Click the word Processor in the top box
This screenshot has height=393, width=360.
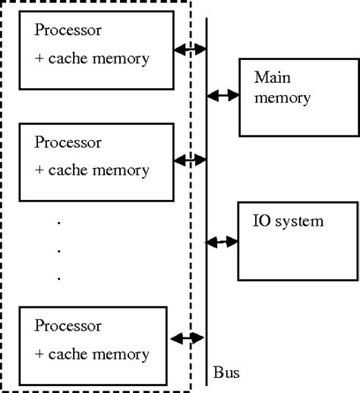point(68,31)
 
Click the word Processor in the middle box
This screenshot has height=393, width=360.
point(68,141)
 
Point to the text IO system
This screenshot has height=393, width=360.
point(289,221)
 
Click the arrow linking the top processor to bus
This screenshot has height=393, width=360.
point(191,49)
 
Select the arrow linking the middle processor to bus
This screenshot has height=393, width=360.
point(191,160)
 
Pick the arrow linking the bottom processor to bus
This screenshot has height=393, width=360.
point(188,338)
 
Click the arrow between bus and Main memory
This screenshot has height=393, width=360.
point(223,96)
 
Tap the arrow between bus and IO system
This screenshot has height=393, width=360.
point(223,242)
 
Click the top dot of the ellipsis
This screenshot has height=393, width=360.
point(59,222)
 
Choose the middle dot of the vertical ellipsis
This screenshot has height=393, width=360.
point(59,250)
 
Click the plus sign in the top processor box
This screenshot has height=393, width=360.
point(39,59)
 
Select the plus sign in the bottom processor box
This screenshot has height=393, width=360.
point(39,354)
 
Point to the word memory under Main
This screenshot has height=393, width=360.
point(283,98)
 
